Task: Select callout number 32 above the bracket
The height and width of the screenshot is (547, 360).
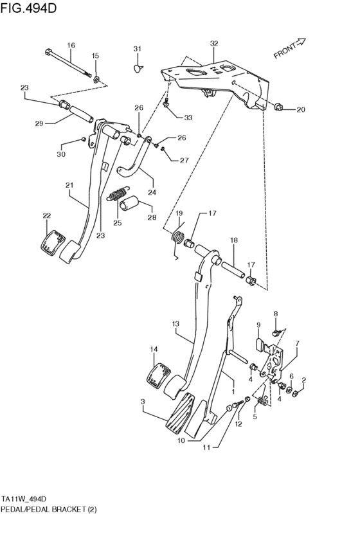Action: click(213, 44)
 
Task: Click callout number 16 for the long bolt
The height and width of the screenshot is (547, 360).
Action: click(71, 45)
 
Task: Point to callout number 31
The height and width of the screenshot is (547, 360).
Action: click(136, 49)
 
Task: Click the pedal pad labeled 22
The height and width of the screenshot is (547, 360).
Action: click(53, 243)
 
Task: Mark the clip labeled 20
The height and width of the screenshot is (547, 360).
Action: click(280, 107)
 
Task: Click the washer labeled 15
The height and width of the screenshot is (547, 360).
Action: click(96, 79)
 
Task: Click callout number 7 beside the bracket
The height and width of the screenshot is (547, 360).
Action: click(297, 345)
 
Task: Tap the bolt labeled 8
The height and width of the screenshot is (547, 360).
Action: click(275, 332)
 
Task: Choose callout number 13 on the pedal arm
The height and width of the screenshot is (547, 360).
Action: click(175, 325)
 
